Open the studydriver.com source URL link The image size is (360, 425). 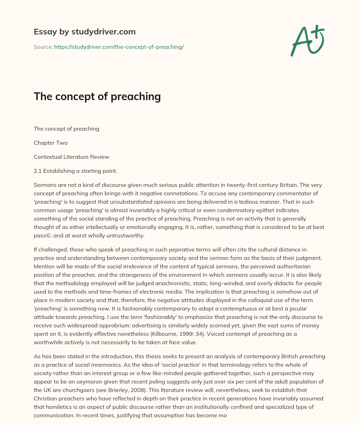tap(119, 47)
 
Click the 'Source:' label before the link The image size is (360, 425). tap(43, 47)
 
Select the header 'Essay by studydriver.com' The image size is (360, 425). tap(84, 32)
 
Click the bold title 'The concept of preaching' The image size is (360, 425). tap(97, 96)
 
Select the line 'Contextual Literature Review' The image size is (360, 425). tap(71, 157)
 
